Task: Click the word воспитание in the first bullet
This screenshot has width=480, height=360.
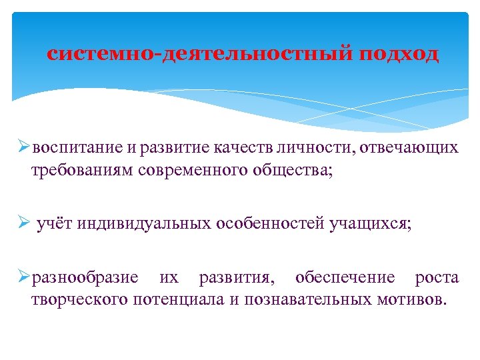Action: (72, 148)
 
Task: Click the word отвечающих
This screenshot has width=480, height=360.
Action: (410, 148)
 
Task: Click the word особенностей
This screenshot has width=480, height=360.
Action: (270, 223)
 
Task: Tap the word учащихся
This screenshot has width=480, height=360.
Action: (371, 223)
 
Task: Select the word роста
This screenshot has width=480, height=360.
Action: (437, 277)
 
